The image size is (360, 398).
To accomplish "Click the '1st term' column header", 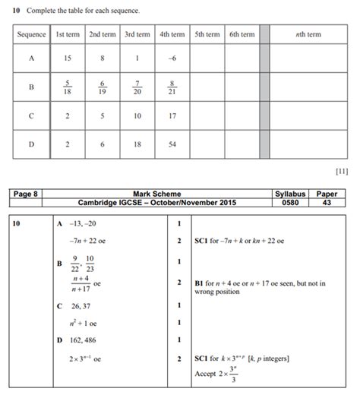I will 68,34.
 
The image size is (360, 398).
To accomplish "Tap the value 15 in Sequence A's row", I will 68,58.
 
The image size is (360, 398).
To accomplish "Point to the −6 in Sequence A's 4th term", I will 172,58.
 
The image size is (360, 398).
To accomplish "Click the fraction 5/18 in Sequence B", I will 68,87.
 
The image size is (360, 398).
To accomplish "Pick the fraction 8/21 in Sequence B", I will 172,87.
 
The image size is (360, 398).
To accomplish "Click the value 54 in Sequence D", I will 172,144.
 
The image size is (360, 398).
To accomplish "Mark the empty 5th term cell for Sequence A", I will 207,58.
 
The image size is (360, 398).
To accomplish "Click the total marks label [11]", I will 341,171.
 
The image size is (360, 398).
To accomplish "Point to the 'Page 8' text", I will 27,194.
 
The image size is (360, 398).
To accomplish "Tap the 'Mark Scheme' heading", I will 156,194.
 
